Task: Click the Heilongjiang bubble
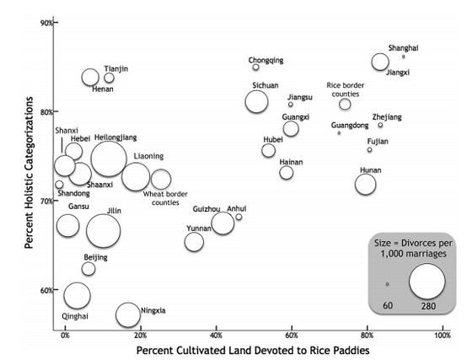pyautogui.click(x=109, y=159)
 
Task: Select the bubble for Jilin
pyautogui.click(x=104, y=231)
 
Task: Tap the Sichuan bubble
pyautogui.click(x=256, y=102)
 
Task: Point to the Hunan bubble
pyautogui.click(x=366, y=185)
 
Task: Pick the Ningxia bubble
pyautogui.click(x=128, y=314)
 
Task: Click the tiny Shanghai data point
pyautogui.click(x=404, y=56)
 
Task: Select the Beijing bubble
pyautogui.click(x=89, y=269)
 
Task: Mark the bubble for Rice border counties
pyautogui.click(x=345, y=105)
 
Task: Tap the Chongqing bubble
pyautogui.click(x=255, y=67)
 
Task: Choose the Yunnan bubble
pyautogui.click(x=194, y=242)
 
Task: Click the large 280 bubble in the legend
pyautogui.click(x=427, y=281)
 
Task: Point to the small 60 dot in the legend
pyautogui.click(x=387, y=284)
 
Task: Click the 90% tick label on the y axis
pyautogui.click(x=46, y=23)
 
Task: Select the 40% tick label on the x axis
pyautogui.click(x=217, y=336)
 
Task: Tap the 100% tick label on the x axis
pyautogui.click(x=443, y=336)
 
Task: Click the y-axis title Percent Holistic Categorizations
pyautogui.click(x=29, y=172)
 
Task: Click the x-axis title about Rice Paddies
pyautogui.click(x=253, y=350)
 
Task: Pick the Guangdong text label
pyautogui.click(x=350, y=126)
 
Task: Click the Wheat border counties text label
pyautogui.click(x=165, y=198)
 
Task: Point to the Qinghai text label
pyautogui.click(x=75, y=316)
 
